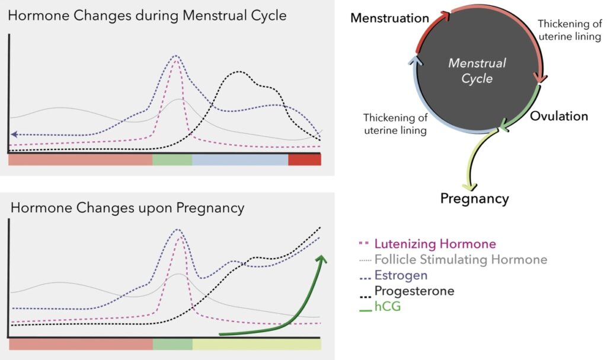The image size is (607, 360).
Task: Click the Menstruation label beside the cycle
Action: point(389,18)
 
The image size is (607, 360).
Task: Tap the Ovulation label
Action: point(558,116)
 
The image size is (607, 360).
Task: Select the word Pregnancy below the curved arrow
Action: point(475,199)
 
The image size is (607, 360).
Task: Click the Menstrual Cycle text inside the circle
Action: point(477,71)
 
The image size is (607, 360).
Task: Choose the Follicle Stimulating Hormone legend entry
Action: point(453,260)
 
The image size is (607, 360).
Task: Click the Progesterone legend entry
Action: point(407,291)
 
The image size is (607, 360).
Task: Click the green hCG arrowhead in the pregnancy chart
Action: point(322,259)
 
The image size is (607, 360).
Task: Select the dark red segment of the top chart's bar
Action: point(304,160)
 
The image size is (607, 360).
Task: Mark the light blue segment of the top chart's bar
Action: point(240,160)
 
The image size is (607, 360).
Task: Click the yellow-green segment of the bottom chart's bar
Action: point(257,344)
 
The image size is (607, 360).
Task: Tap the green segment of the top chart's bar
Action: point(172,160)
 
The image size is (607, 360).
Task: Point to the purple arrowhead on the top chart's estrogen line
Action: point(14,135)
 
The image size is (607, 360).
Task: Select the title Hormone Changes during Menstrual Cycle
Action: point(147,15)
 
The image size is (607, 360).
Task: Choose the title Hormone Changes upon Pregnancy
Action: point(127,208)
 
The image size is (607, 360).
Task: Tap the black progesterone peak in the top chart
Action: point(239,72)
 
